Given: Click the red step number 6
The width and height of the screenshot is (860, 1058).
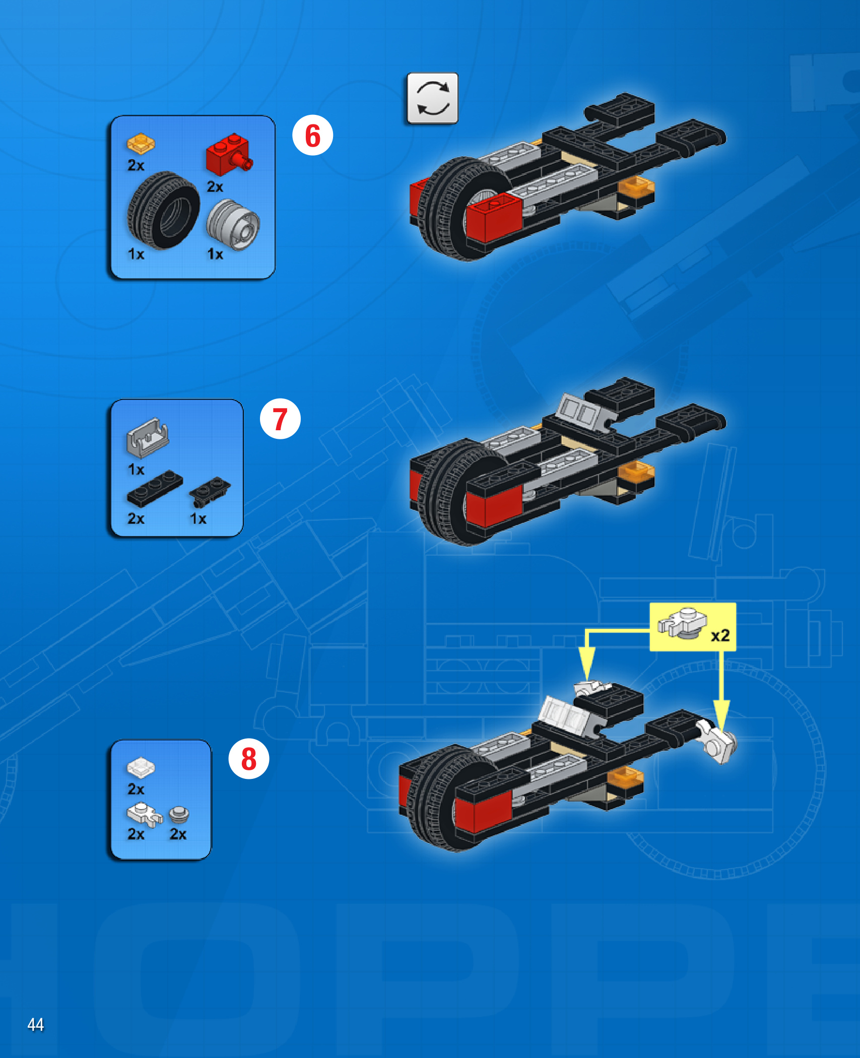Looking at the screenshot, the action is click(x=312, y=136).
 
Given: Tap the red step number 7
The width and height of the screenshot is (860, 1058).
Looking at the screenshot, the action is click(x=280, y=419).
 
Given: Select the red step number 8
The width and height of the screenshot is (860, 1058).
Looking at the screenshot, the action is click(x=249, y=759).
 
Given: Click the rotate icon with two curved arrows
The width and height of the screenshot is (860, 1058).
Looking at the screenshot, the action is click(x=433, y=98).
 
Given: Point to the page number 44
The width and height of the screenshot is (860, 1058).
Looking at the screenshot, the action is click(x=36, y=1024).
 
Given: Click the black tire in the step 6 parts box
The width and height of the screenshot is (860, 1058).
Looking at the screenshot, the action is click(x=163, y=210).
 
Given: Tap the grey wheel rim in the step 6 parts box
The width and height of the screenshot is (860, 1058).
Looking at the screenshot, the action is click(x=233, y=225).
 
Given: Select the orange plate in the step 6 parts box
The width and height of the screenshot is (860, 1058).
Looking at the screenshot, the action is click(x=141, y=144).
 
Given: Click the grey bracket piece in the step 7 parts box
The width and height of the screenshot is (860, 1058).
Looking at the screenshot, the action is click(x=148, y=437).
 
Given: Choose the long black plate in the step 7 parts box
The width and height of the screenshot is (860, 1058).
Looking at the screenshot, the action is click(x=155, y=488).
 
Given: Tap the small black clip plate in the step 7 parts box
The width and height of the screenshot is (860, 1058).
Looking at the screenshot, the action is click(x=210, y=492).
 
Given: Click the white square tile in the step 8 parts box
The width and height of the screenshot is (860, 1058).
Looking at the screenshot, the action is click(x=141, y=768).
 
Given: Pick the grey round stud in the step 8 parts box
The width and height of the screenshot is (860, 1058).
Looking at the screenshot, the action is click(x=179, y=815).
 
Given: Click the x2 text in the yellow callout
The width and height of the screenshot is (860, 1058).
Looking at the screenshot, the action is click(x=720, y=635).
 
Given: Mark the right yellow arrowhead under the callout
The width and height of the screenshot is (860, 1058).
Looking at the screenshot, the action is click(x=721, y=715).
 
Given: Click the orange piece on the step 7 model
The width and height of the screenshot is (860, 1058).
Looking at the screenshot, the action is click(x=636, y=471).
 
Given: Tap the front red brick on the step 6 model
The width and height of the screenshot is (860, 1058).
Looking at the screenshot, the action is click(x=493, y=220).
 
